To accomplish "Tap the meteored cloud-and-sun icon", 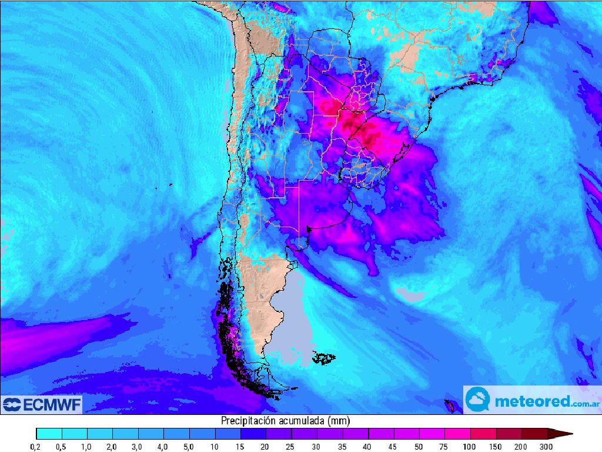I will coord(478,400).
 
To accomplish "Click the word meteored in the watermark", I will coord(532,401).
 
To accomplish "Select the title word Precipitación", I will coord(246,420).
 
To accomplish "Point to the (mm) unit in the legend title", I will coord(339,420).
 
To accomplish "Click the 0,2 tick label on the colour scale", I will coord(36,447).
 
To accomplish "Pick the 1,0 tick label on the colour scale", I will coord(86,447).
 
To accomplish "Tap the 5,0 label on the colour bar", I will coord(188,447).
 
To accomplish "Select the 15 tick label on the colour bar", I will coord(240,447).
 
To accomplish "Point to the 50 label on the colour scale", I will coord(419,447).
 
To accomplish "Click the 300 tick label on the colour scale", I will coord(547,447).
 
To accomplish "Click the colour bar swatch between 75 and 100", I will coord(457,434).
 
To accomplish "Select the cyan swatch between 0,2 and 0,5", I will coord(49,434).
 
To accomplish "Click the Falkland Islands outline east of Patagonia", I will coord(324,357).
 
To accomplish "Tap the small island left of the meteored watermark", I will coord(451,405).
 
